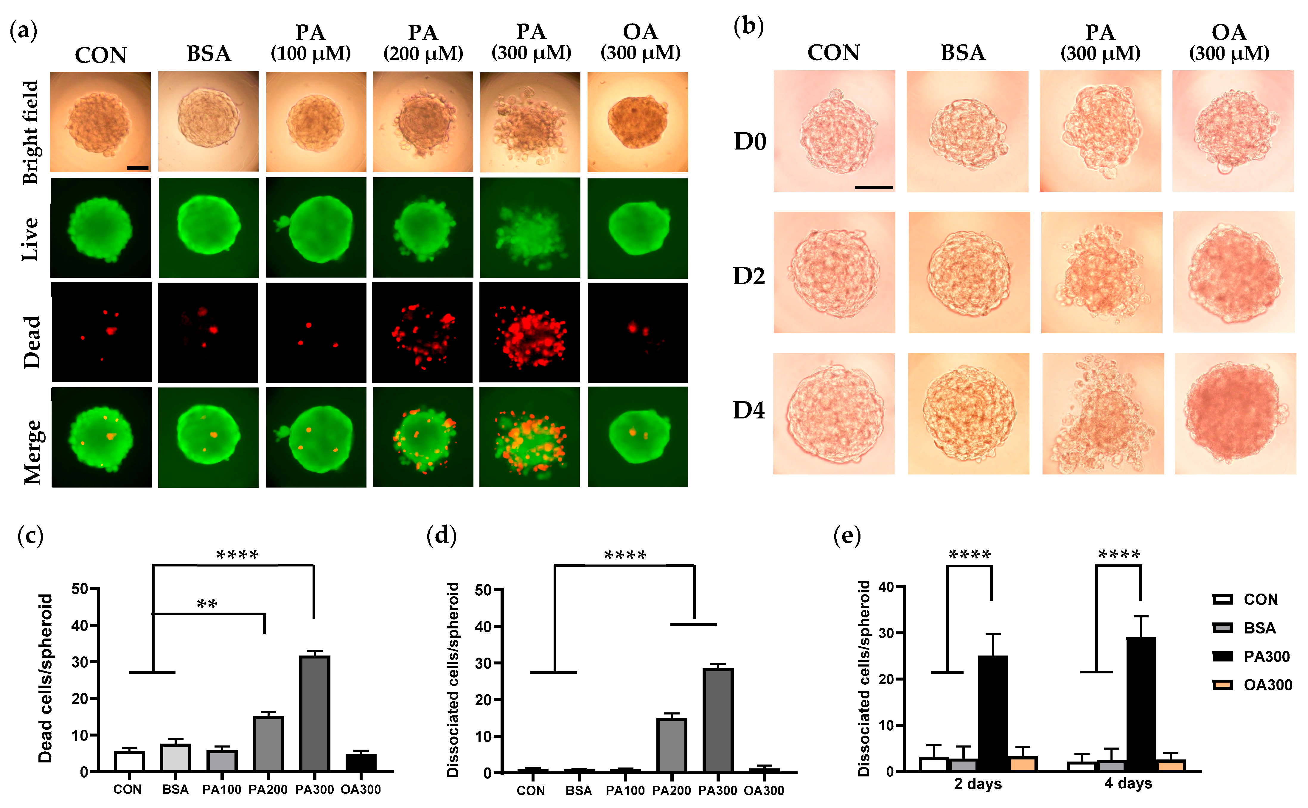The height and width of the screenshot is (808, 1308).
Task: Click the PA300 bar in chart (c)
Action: tap(314, 713)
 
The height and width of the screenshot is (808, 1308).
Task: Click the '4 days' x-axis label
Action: tap(1128, 784)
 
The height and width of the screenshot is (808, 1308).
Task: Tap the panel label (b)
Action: tap(748, 27)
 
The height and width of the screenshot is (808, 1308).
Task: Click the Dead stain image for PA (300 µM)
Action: tap(529, 332)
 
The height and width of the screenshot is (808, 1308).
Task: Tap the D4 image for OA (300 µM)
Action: tap(1235, 414)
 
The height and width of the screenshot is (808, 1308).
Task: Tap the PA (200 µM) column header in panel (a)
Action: tap(423, 43)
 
